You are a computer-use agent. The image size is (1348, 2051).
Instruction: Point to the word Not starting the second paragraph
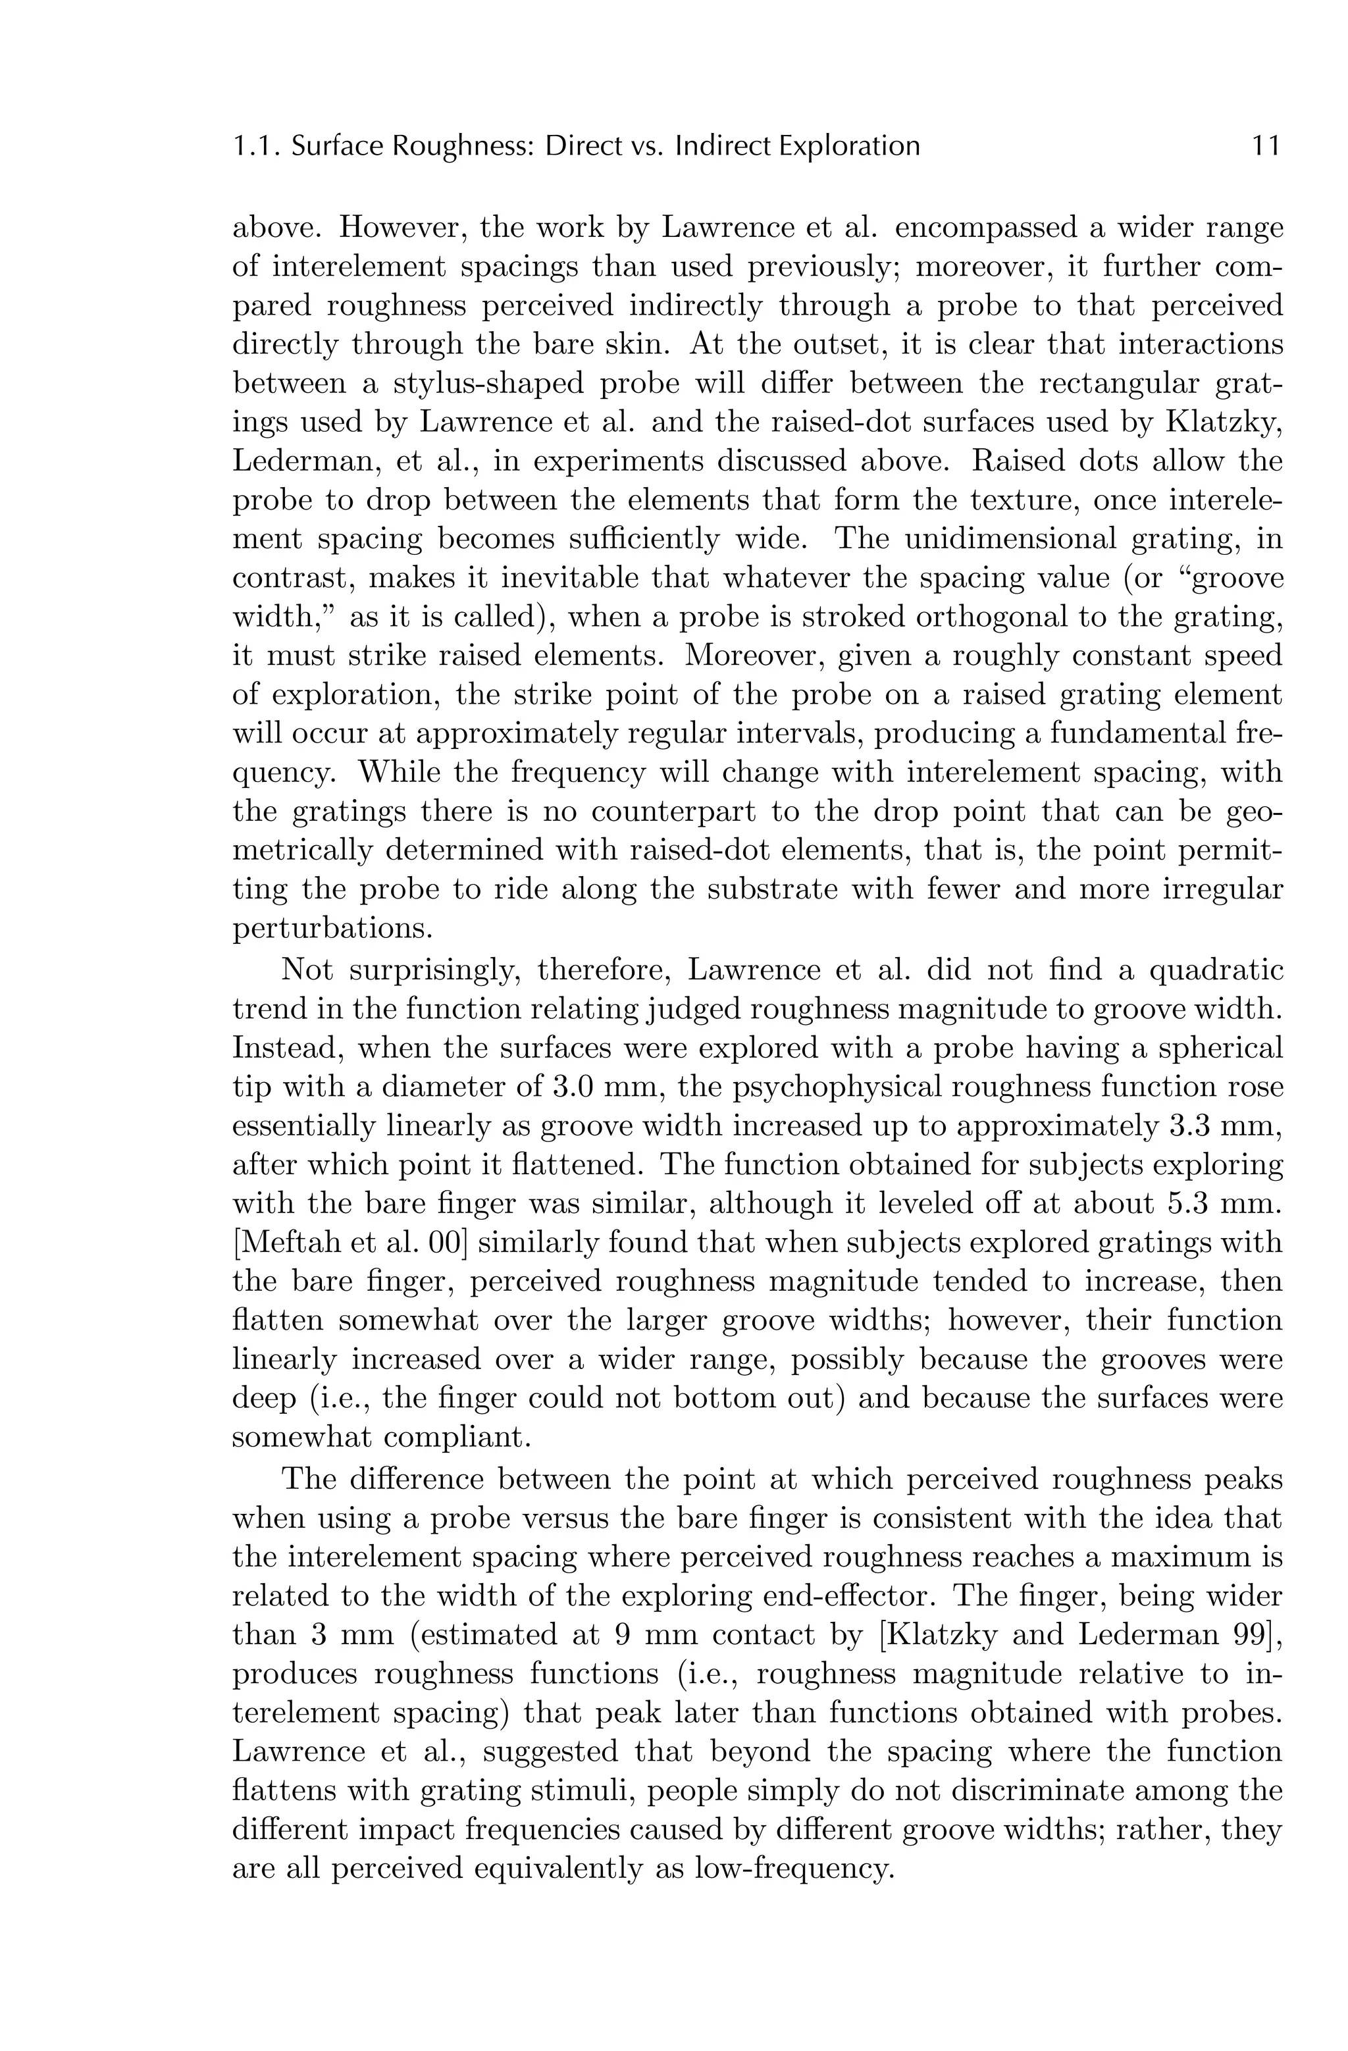(x=309, y=970)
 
